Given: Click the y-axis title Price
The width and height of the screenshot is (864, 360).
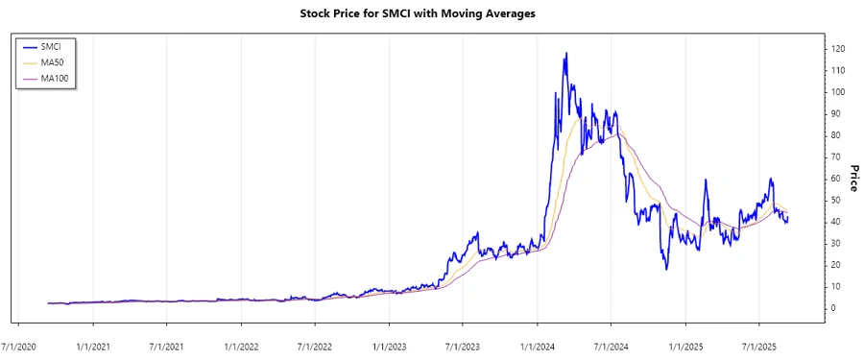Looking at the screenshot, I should pos(850,178).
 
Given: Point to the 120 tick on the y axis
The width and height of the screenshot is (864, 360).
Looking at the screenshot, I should pos(838,49).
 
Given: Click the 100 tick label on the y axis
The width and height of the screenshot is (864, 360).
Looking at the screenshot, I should pos(838,92).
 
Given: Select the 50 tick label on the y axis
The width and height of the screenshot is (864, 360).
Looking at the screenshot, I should pos(835,200).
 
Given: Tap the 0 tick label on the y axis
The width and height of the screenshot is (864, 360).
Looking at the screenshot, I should pos(833,308).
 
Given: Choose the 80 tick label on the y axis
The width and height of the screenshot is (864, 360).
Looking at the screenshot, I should pos(835,135).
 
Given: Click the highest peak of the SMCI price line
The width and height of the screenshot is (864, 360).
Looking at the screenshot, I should pos(566,53).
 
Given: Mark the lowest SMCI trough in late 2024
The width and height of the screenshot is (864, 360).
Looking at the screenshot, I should pos(666,269).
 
